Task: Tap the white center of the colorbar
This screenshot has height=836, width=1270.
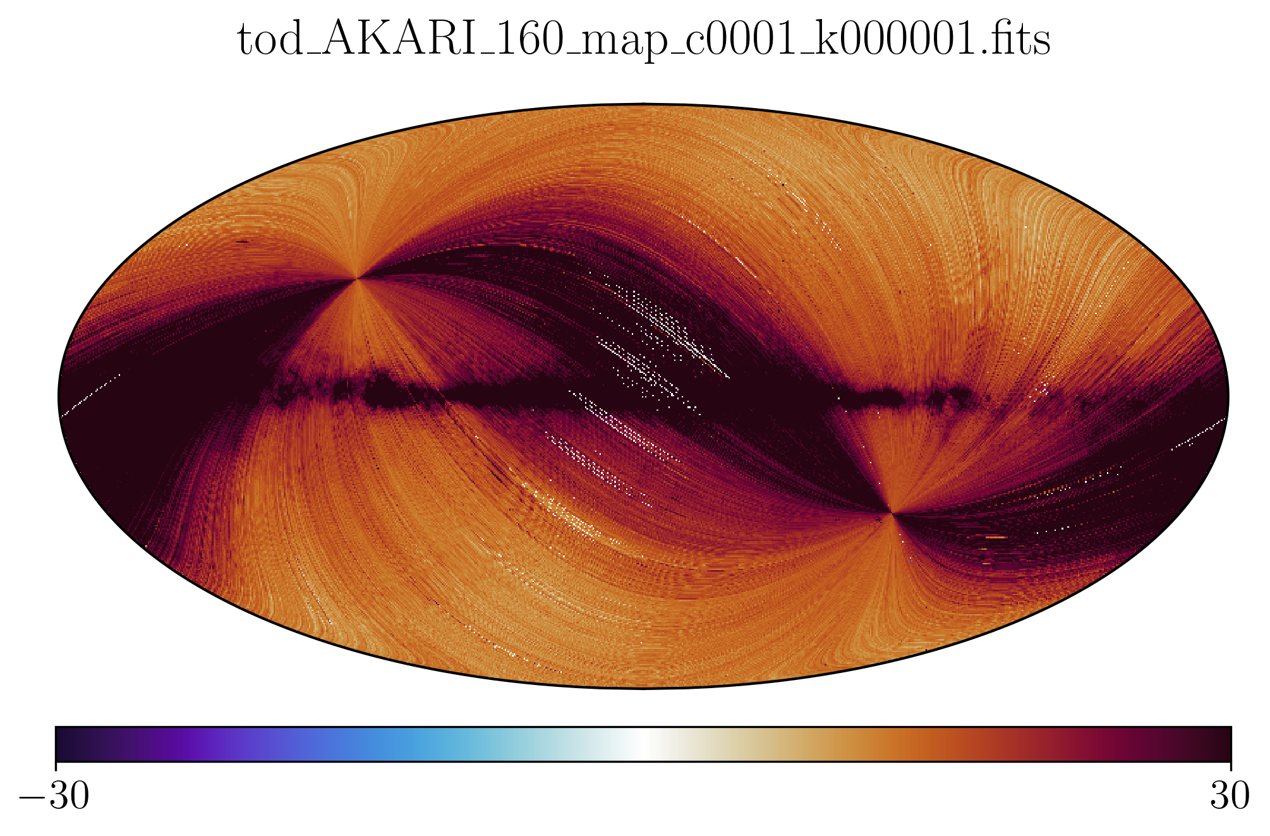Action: tap(643, 744)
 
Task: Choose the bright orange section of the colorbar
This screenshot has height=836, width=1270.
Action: tap(916, 744)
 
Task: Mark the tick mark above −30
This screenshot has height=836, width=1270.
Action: tap(56, 765)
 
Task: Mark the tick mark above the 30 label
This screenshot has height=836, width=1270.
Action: tap(1230, 765)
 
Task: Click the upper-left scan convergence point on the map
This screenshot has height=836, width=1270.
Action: tap(358, 277)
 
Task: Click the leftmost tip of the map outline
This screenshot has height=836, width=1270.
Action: tap(59, 396)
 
